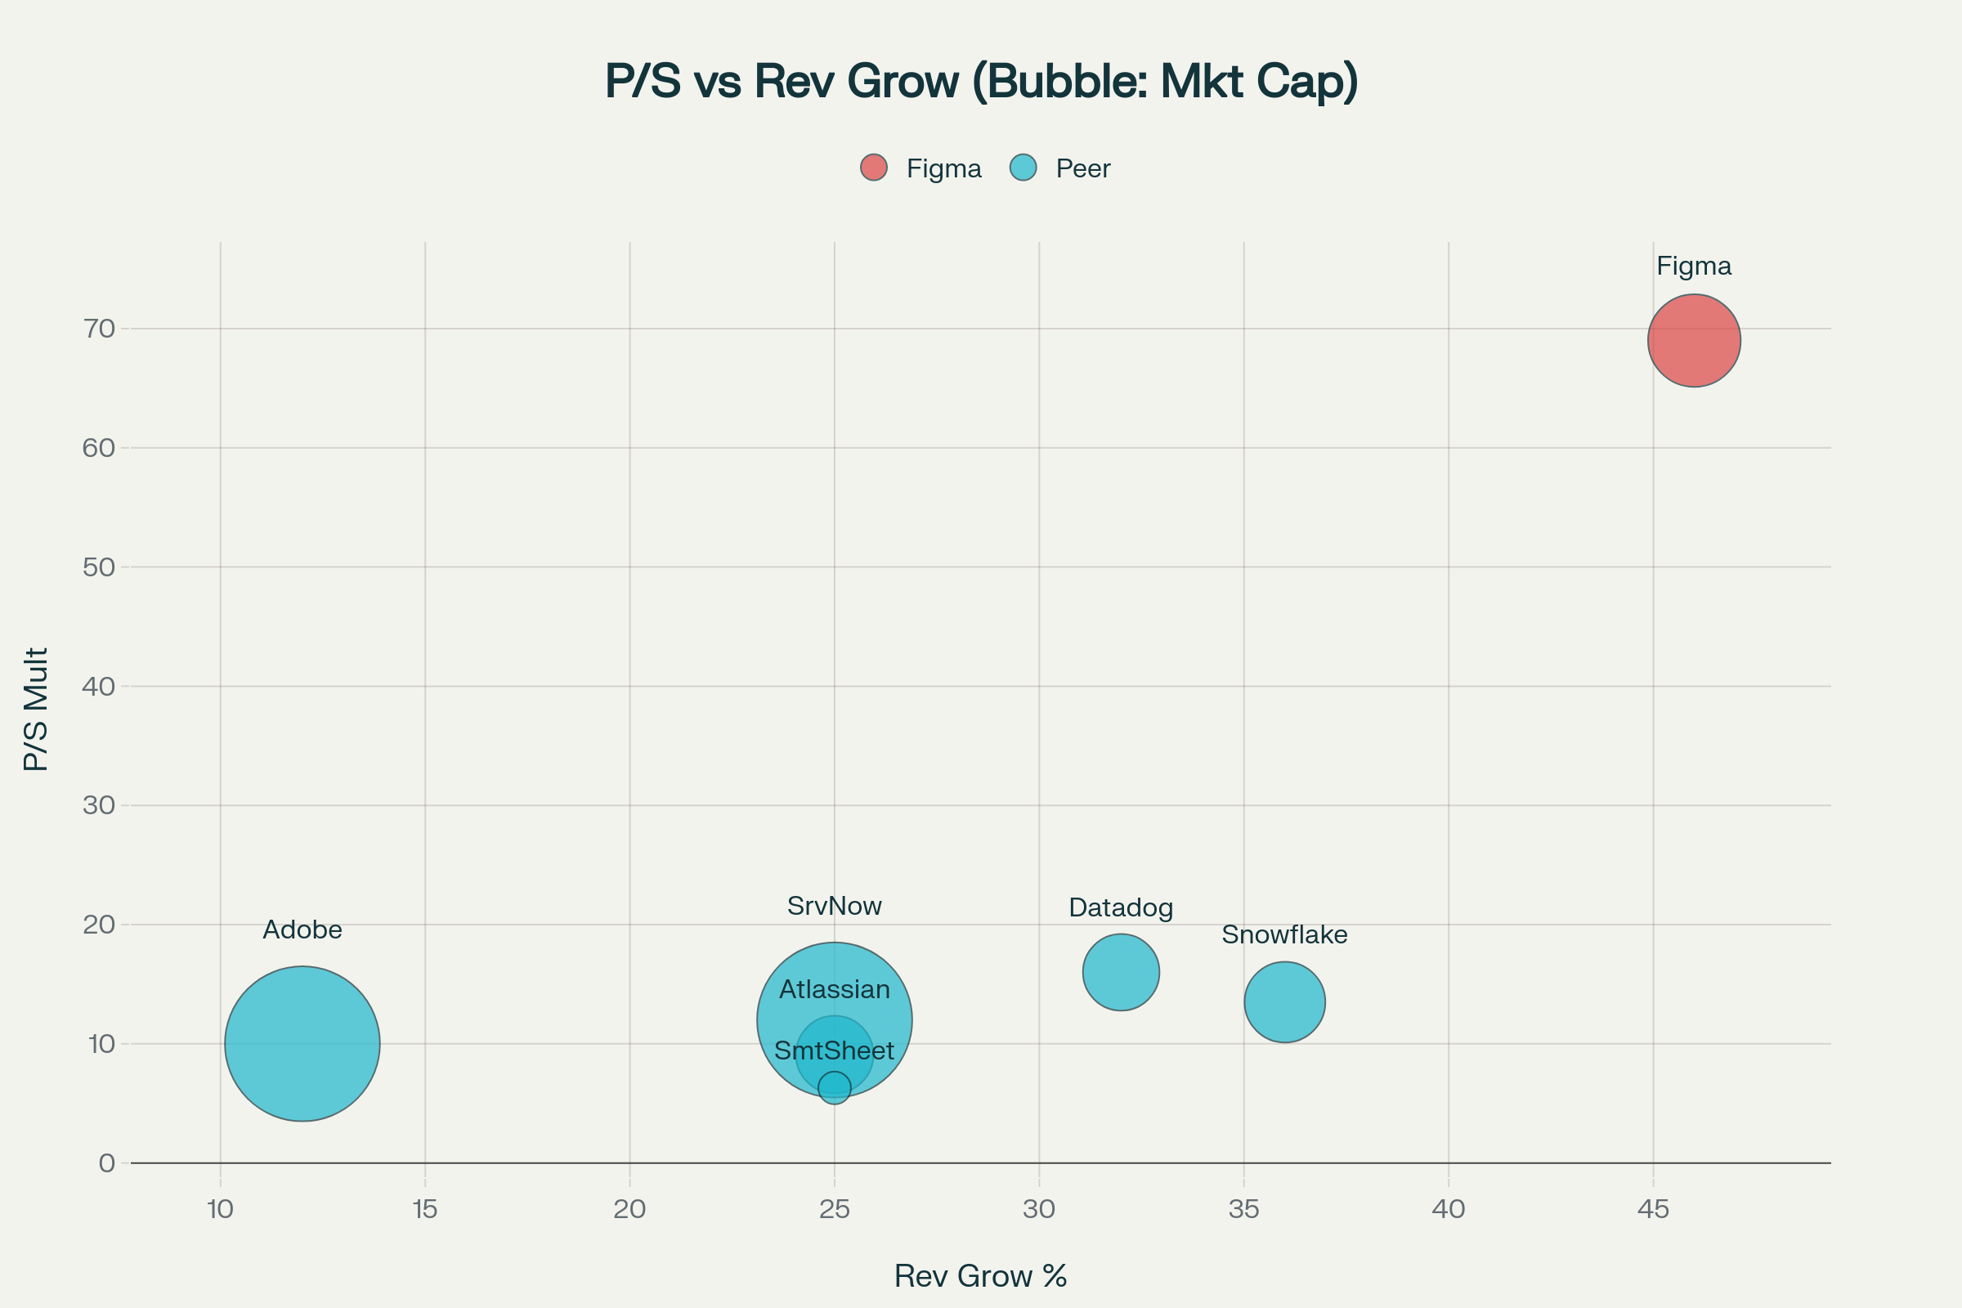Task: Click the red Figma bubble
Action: (x=1693, y=340)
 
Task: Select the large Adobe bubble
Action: (x=302, y=1044)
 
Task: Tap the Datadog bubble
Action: (x=1121, y=972)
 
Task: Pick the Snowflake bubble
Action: (x=1284, y=1002)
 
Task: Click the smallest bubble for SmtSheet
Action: (x=834, y=1088)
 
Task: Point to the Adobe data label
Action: (x=302, y=929)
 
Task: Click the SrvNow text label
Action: (x=834, y=906)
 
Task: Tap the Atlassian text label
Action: (x=834, y=989)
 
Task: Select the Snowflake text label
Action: (x=1284, y=934)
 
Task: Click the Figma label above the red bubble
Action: (x=1693, y=267)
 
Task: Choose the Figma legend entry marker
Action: (x=873, y=168)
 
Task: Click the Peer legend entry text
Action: (x=1082, y=168)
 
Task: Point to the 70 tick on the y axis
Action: (x=98, y=329)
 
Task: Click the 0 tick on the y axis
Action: (x=107, y=1162)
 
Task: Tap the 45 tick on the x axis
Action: (x=1653, y=1209)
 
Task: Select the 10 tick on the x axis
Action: (x=220, y=1209)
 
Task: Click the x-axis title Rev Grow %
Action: (x=980, y=1276)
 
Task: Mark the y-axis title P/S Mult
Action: (x=35, y=709)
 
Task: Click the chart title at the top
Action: (x=981, y=81)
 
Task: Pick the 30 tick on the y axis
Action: (x=98, y=805)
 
